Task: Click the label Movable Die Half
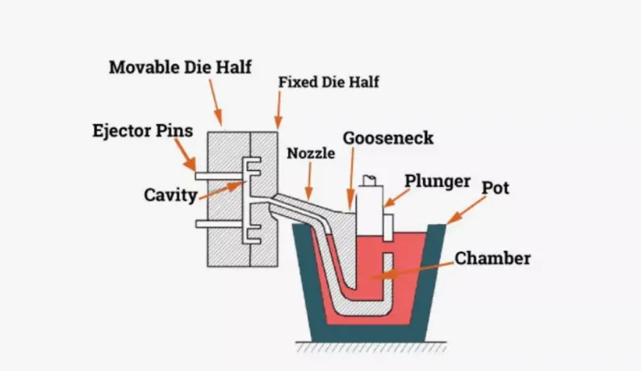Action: click(x=178, y=66)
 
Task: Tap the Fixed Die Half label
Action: click(x=328, y=81)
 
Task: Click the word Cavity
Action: click(x=170, y=194)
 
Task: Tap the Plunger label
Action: click(x=438, y=181)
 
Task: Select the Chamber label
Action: click(x=492, y=258)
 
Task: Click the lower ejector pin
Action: click(x=220, y=223)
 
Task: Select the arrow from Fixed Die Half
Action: click(x=278, y=110)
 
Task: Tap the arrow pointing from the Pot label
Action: click(x=465, y=211)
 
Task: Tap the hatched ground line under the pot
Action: click(x=371, y=348)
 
